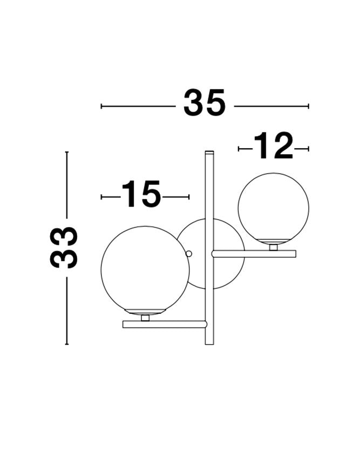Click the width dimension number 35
pos(205,104)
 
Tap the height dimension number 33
pos(64,248)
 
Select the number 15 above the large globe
pos(141,195)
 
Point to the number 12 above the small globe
pos(273,146)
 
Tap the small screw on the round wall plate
pos(188,253)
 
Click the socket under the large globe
pos(145,318)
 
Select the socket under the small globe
pos(274,247)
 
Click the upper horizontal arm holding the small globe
pos(254,253)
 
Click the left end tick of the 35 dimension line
pos(101,106)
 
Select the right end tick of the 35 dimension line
pos(308,106)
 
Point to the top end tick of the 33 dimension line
pos(67,152)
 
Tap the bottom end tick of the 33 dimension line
pos(67,344)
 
